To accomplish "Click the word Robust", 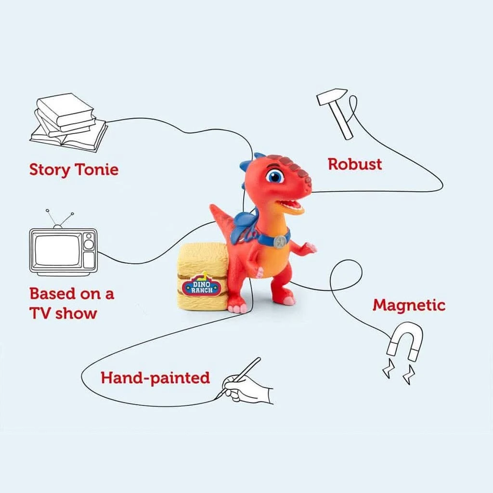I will pyautogui.click(x=354, y=164).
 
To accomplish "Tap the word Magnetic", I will pyautogui.click(x=409, y=305).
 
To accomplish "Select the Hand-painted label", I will pyautogui.click(x=155, y=377).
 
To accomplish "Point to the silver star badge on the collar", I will pyautogui.click(x=279, y=242).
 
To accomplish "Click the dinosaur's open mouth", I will pyautogui.click(x=291, y=206).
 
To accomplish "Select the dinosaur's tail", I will pyautogui.click(x=222, y=219).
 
